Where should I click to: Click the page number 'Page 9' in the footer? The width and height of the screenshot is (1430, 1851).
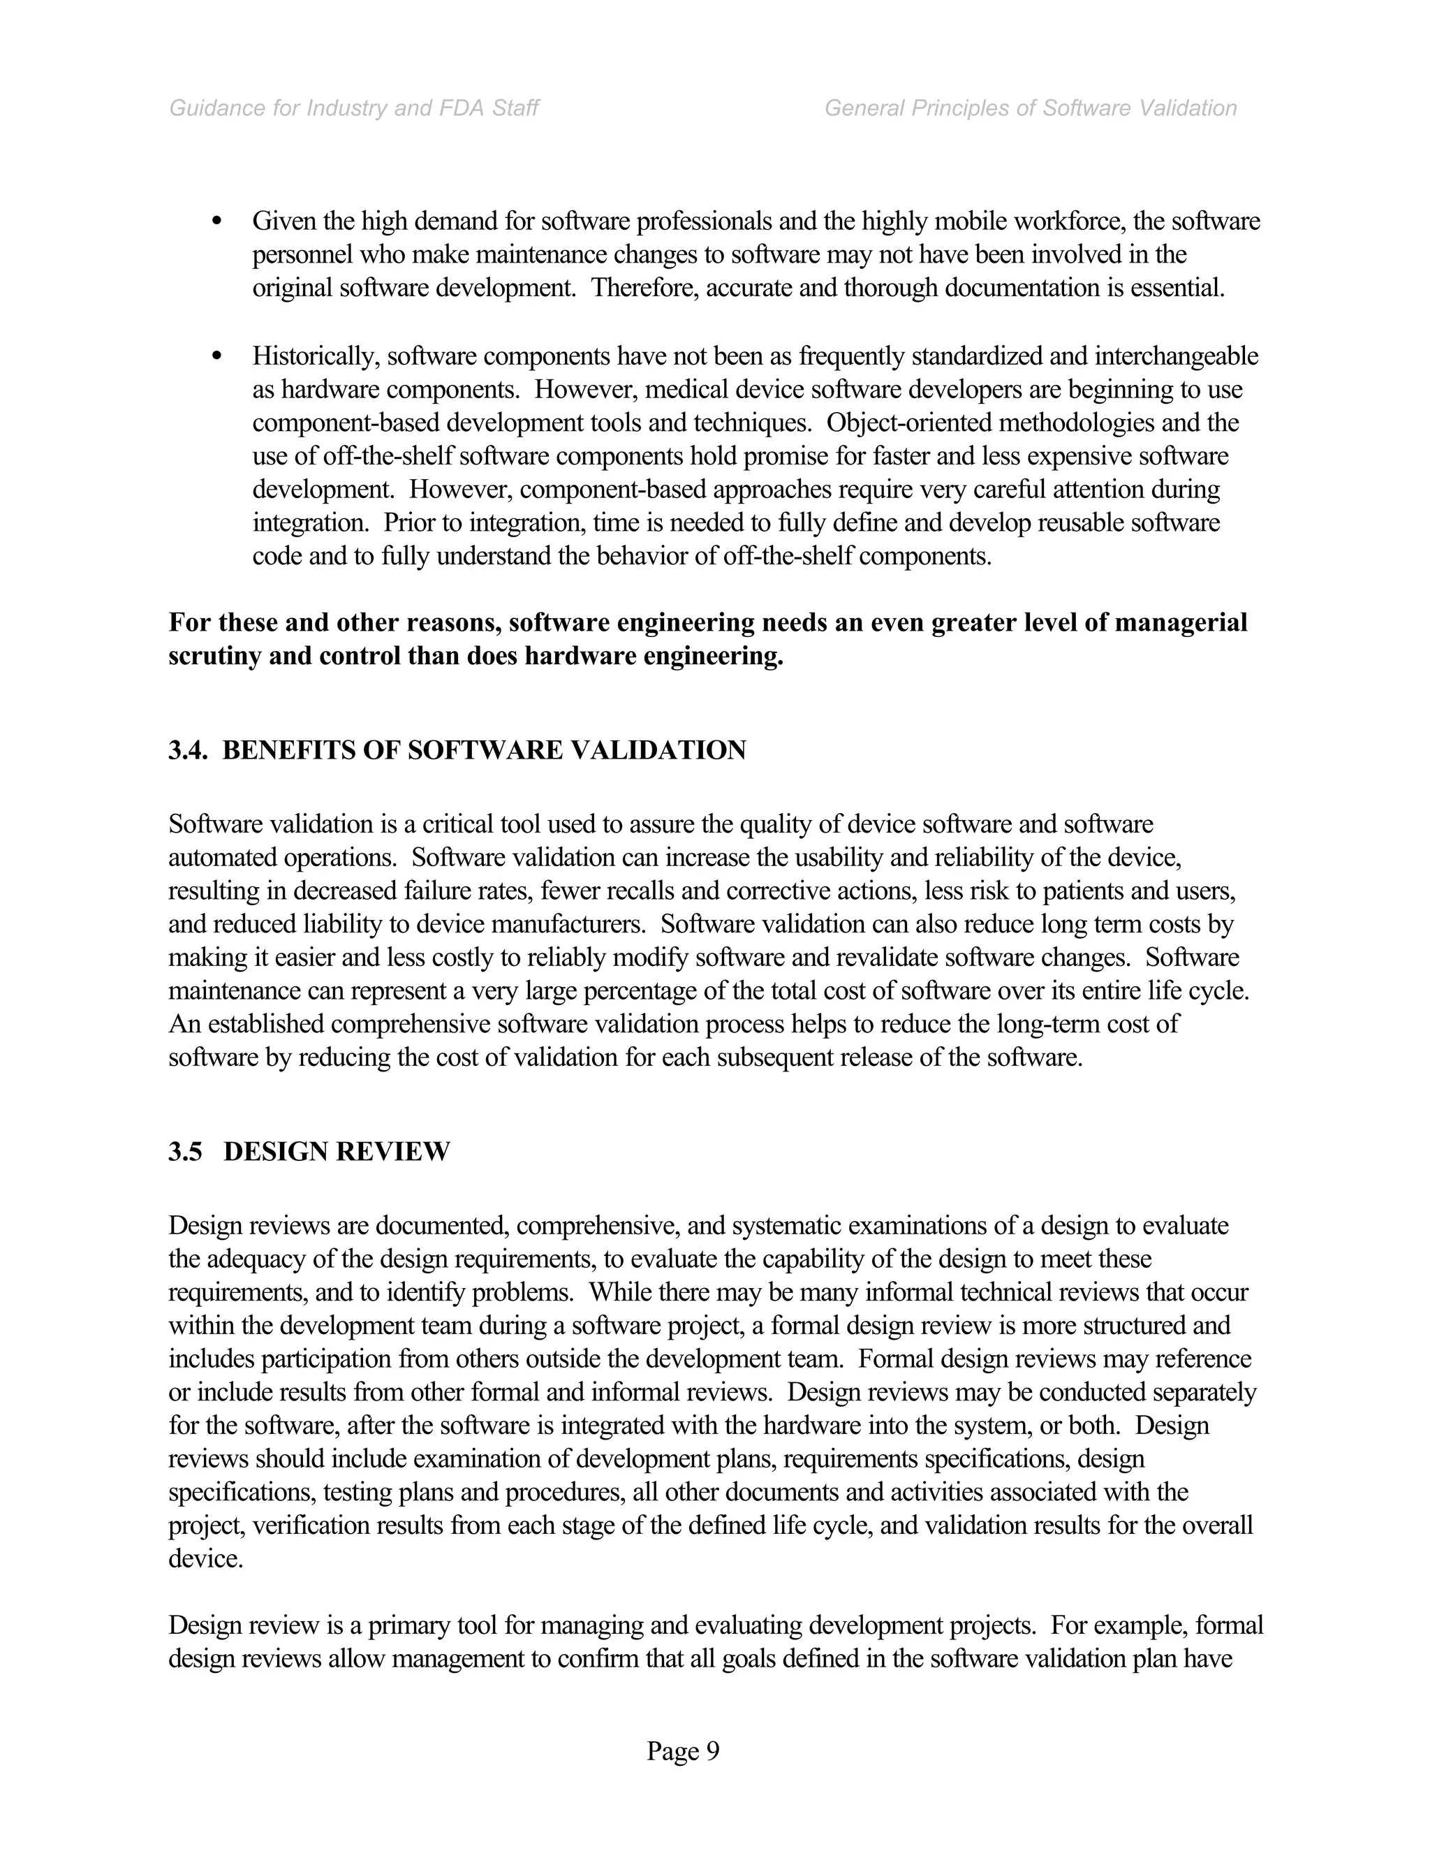(683, 1750)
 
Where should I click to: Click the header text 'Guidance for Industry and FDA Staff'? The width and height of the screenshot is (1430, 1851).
(354, 108)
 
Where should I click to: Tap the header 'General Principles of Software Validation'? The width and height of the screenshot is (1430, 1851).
(1030, 108)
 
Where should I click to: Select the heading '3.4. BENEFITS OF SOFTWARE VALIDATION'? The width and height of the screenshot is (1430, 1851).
(457, 750)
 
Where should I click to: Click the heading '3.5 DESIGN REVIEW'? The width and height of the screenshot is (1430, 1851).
(309, 1152)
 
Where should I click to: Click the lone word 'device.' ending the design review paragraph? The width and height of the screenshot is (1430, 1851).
(206, 1558)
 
